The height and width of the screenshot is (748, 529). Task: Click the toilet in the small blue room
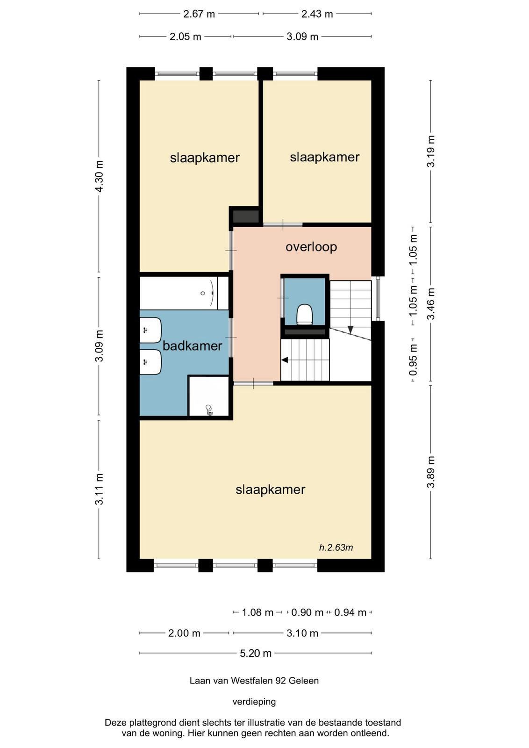coord(305,314)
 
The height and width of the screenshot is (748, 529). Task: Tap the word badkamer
coord(192,346)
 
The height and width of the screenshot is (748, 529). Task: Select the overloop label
coord(311,247)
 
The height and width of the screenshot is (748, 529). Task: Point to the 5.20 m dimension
coord(256,653)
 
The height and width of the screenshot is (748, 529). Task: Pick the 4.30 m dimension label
coord(99,176)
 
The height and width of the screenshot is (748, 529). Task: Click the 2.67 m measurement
coord(199,14)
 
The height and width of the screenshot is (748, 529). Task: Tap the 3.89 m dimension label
coord(431,472)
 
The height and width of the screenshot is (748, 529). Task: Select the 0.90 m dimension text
coord(307,612)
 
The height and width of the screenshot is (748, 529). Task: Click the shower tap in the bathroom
coord(209,410)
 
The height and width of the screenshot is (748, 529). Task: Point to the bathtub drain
coord(203,293)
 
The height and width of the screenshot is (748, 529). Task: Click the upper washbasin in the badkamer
coord(150,330)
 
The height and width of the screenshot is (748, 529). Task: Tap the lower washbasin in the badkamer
coord(150,362)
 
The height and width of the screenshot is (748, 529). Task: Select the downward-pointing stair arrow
coord(350,330)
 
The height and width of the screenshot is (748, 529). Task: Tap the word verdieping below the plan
coord(254,702)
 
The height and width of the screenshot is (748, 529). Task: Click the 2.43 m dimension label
coord(317,14)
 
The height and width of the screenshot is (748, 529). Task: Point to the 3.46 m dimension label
coord(431,303)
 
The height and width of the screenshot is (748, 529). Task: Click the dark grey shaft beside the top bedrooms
coord(246,216)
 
